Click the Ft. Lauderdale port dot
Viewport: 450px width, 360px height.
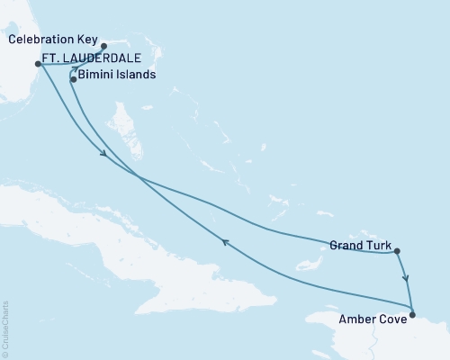38,63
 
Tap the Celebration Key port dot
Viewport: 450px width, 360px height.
103,46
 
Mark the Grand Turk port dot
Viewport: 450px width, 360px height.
397,252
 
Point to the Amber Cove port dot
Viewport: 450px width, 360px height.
412,314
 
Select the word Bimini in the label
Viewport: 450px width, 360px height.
97,76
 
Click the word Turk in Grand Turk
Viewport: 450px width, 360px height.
376,244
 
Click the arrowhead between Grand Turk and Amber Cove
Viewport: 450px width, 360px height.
406,278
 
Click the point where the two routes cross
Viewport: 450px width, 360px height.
138,176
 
